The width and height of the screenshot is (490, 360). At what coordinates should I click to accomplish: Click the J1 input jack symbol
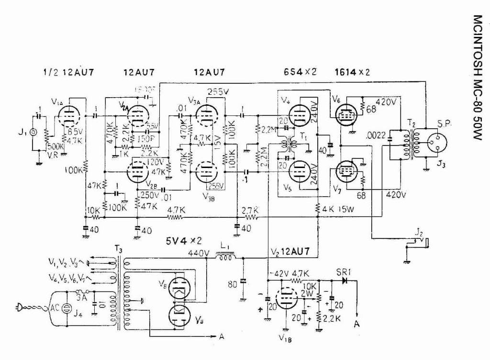tap(33, 132)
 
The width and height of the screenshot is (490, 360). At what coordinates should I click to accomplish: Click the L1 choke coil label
tap(224, 245)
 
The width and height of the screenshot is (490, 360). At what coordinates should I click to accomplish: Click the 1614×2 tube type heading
tap(353, 73)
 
